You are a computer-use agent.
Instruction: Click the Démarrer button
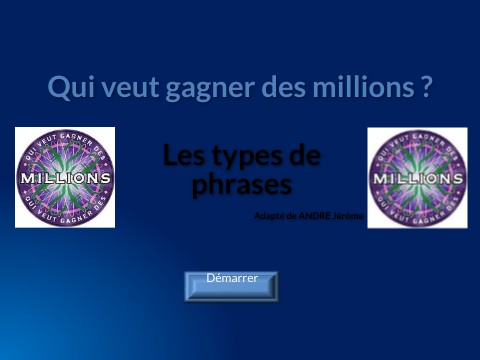[231, 285]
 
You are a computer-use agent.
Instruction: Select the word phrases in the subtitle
[241, 185]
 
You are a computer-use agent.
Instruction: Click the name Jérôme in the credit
[350, 215]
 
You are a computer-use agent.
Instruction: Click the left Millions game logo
[65, 177]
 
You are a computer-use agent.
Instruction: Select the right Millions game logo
[417, 177]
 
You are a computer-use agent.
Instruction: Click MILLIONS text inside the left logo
[65, 177]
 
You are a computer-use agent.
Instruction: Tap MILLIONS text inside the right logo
[417, 178]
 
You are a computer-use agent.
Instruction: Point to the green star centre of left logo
[65, 163]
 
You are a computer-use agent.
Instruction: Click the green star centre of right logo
[417, 163]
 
